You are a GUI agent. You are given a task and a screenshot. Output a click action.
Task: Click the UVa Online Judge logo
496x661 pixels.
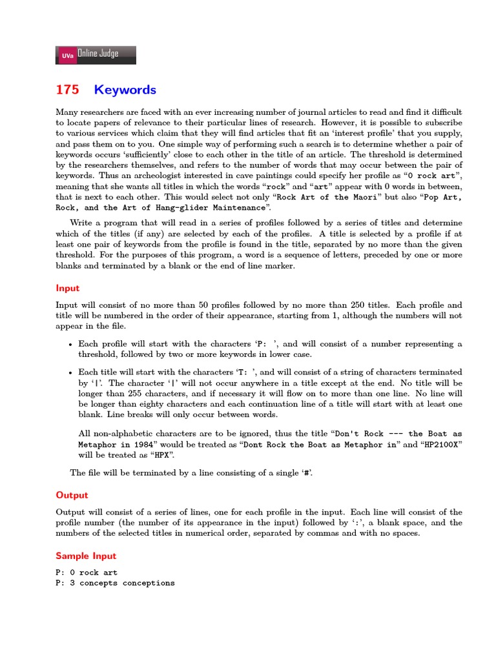96,55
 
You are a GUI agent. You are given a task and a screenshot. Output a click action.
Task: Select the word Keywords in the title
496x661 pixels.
125,90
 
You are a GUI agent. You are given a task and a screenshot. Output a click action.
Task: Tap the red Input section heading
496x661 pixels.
67,288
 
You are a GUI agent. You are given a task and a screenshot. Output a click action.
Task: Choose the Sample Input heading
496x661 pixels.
86,556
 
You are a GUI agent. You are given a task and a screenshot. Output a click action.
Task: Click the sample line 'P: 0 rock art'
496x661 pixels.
87,573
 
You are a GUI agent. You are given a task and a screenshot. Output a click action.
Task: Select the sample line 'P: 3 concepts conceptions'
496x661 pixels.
115,583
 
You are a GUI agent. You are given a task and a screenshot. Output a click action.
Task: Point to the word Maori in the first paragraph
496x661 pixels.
367,198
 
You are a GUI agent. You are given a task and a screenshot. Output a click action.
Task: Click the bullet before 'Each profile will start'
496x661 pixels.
70,345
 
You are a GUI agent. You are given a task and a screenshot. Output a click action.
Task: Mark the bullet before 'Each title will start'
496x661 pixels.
70,372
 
